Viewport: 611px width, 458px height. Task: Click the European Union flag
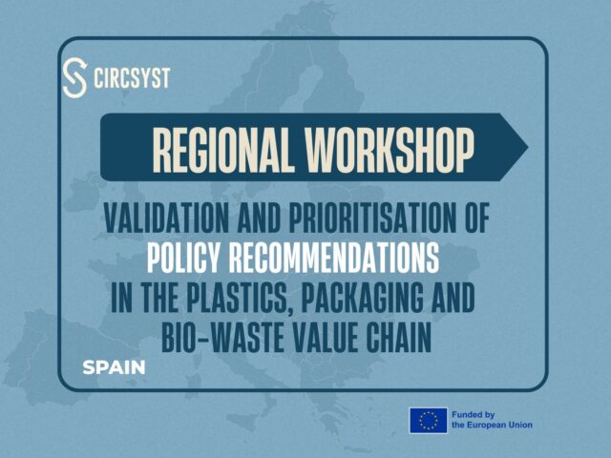428,420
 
